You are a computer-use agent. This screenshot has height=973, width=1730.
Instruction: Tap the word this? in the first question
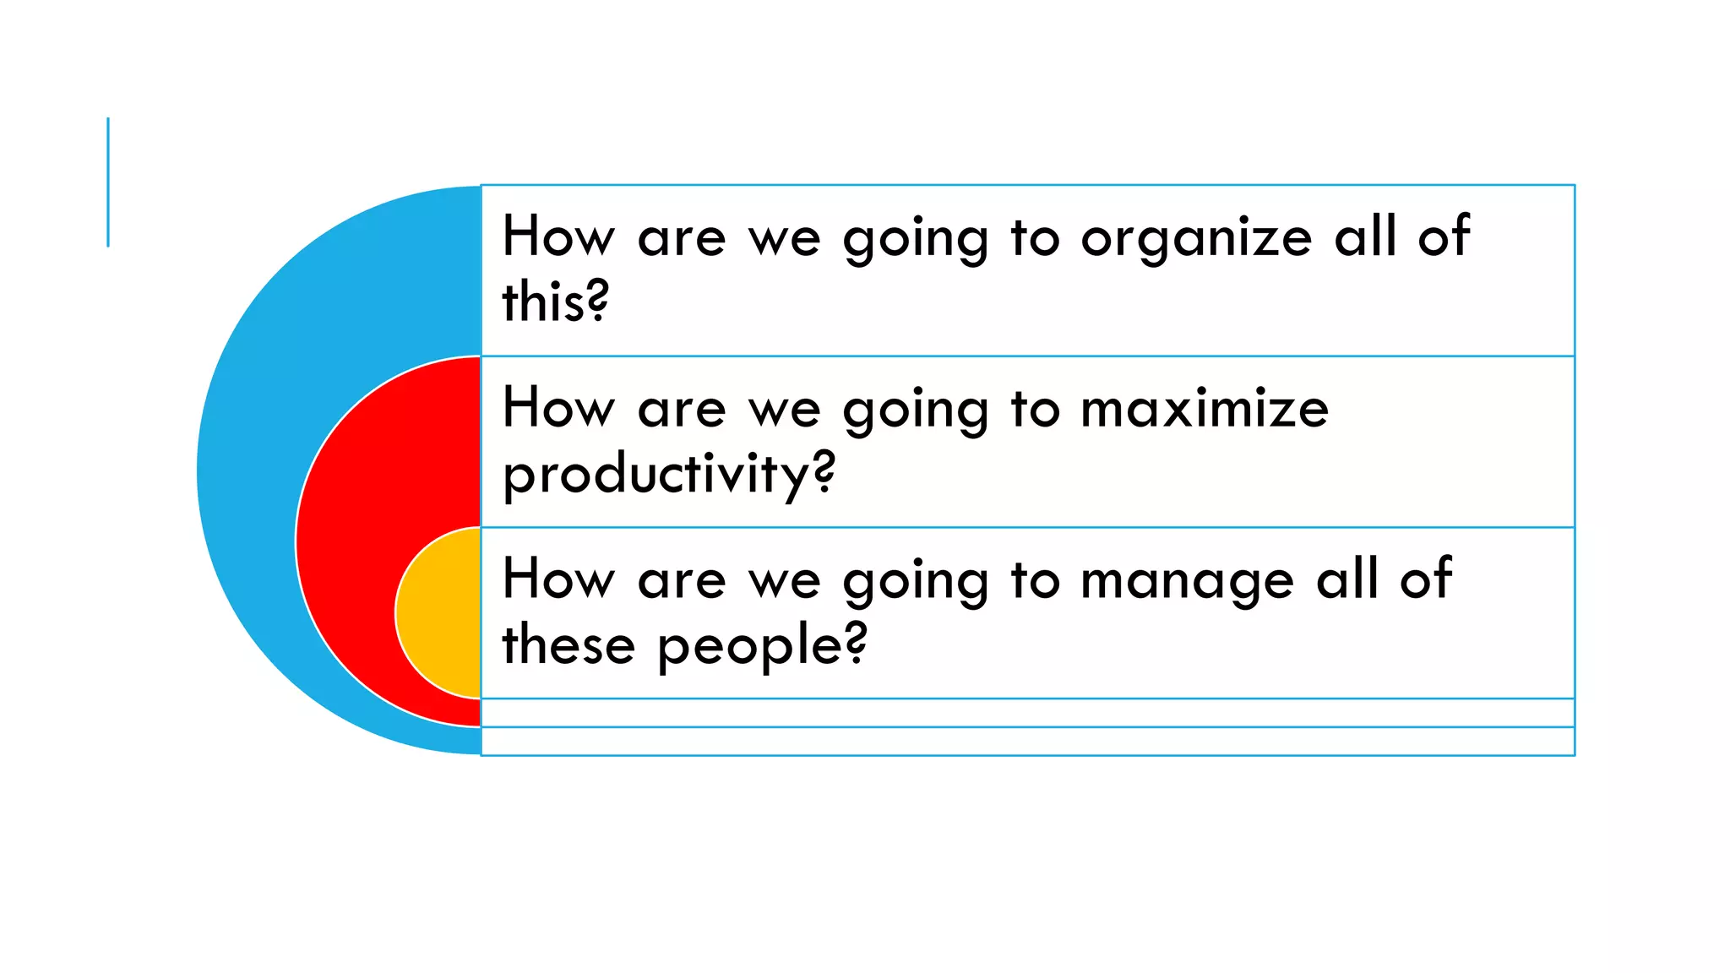[x=555, y=302]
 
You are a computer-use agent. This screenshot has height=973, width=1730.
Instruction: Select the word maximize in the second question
[x=1205, y=409]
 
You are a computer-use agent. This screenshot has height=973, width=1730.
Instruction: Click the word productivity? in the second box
[x=668, y=475]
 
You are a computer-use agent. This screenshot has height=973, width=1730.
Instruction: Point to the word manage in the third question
[x=1187, y=582]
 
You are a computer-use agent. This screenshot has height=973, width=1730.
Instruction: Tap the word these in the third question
[x=569, y=645]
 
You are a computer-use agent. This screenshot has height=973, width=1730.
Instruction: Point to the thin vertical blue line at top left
[x=108, y=182]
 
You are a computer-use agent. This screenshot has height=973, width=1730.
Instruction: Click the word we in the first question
[x=785, y=239]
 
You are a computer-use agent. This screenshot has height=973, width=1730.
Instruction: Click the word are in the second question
[x=682, y=410]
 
